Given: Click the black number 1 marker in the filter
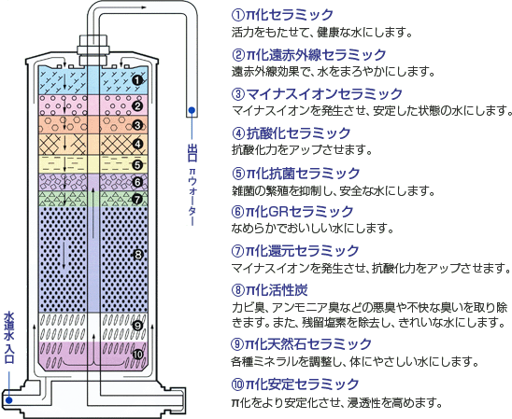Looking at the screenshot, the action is click(x=137, y=80).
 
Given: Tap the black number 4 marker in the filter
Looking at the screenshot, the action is click(x=137, y=144).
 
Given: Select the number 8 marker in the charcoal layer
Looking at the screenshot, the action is click(x=138, y=255).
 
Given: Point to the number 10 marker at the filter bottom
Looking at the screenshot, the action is click(x=137, y=354).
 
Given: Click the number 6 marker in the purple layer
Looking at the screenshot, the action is click(x=137, y=182).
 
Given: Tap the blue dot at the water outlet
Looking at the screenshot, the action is click(x=192, y=110).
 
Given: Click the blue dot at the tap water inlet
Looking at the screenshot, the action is click(x=8, y=399).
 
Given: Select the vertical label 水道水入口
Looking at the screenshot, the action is click(x=8, y=338).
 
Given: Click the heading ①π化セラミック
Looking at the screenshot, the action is click(x=282, y=15).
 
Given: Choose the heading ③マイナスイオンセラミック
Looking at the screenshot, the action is click(x=317, y=94).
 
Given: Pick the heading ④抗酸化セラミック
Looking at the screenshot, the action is click(x=291, y=133).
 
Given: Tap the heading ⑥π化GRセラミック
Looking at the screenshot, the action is click(x=292, y=212).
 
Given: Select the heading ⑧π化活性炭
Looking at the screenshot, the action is click(x=269, y=290).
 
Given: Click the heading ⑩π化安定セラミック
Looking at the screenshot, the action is click(x=295, y=384).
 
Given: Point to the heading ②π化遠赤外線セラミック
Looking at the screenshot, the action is click(x=308, y=55).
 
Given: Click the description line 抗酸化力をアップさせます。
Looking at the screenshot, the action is click(x=302, y=150).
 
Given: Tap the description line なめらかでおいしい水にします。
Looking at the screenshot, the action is click(x=312, y=229).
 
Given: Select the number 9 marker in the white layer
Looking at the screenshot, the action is click(x=137, y=326).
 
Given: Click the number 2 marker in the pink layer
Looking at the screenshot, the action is click(x=137, y=105).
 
